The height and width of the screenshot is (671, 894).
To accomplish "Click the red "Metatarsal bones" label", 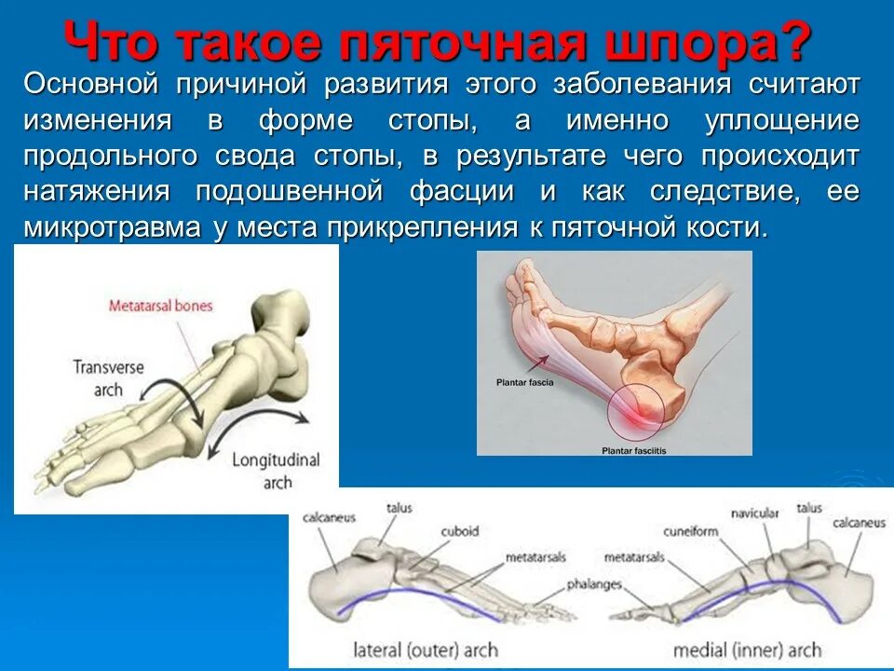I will click(x=160, y=306).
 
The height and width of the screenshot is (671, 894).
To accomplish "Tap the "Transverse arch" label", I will click(x=109, y=377).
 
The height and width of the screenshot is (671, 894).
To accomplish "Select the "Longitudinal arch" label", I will click(x=277, y=471).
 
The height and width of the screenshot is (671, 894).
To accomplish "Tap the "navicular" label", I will click(x=752, y=513).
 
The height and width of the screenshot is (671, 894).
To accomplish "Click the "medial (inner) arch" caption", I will click(x=748, y=650).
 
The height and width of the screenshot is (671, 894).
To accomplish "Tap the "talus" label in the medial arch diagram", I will click(x=809, y=508).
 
